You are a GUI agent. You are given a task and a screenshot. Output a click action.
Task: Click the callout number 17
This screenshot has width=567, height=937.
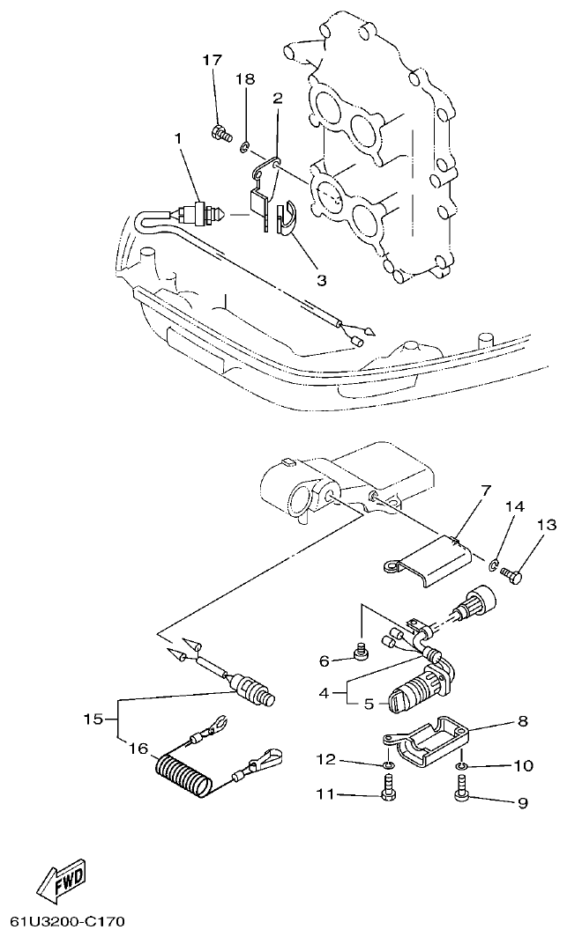coord(212,60)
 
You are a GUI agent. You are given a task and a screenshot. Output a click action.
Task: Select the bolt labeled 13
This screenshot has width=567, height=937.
coord(512,574)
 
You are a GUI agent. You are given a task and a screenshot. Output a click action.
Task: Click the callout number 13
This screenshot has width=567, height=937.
coord(547,525)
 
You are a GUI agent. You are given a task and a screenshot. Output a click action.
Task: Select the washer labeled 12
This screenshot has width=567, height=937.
coord(386,764)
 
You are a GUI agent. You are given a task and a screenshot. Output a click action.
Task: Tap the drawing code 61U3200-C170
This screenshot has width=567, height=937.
coord(63,921)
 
